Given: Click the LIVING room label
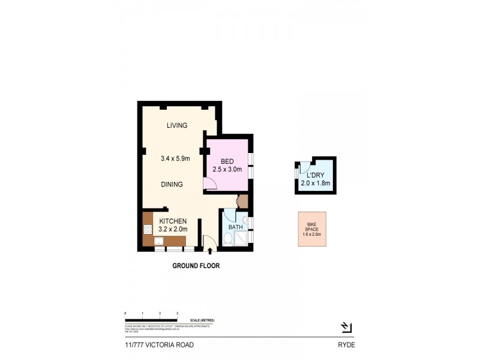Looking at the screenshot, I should [x=177, y=125].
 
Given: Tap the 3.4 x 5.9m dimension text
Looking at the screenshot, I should [x=175, y=159].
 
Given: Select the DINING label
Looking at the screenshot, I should [x=172, y=185].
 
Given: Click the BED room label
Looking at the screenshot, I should [x=227, y=161].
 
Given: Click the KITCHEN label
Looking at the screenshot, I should [x=173, y=221].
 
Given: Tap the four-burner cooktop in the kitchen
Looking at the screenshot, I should [x=148, y=229].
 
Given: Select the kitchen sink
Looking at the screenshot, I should [x=160, y=241].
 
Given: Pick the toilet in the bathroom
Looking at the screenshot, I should [x=228, y=240].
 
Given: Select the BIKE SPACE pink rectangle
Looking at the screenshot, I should [x=312, y=229].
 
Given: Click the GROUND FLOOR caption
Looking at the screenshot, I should [x=196, y=265].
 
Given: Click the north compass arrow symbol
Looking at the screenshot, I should [x=346, y=327].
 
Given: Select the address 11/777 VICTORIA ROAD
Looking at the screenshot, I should [x=155, y=345].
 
